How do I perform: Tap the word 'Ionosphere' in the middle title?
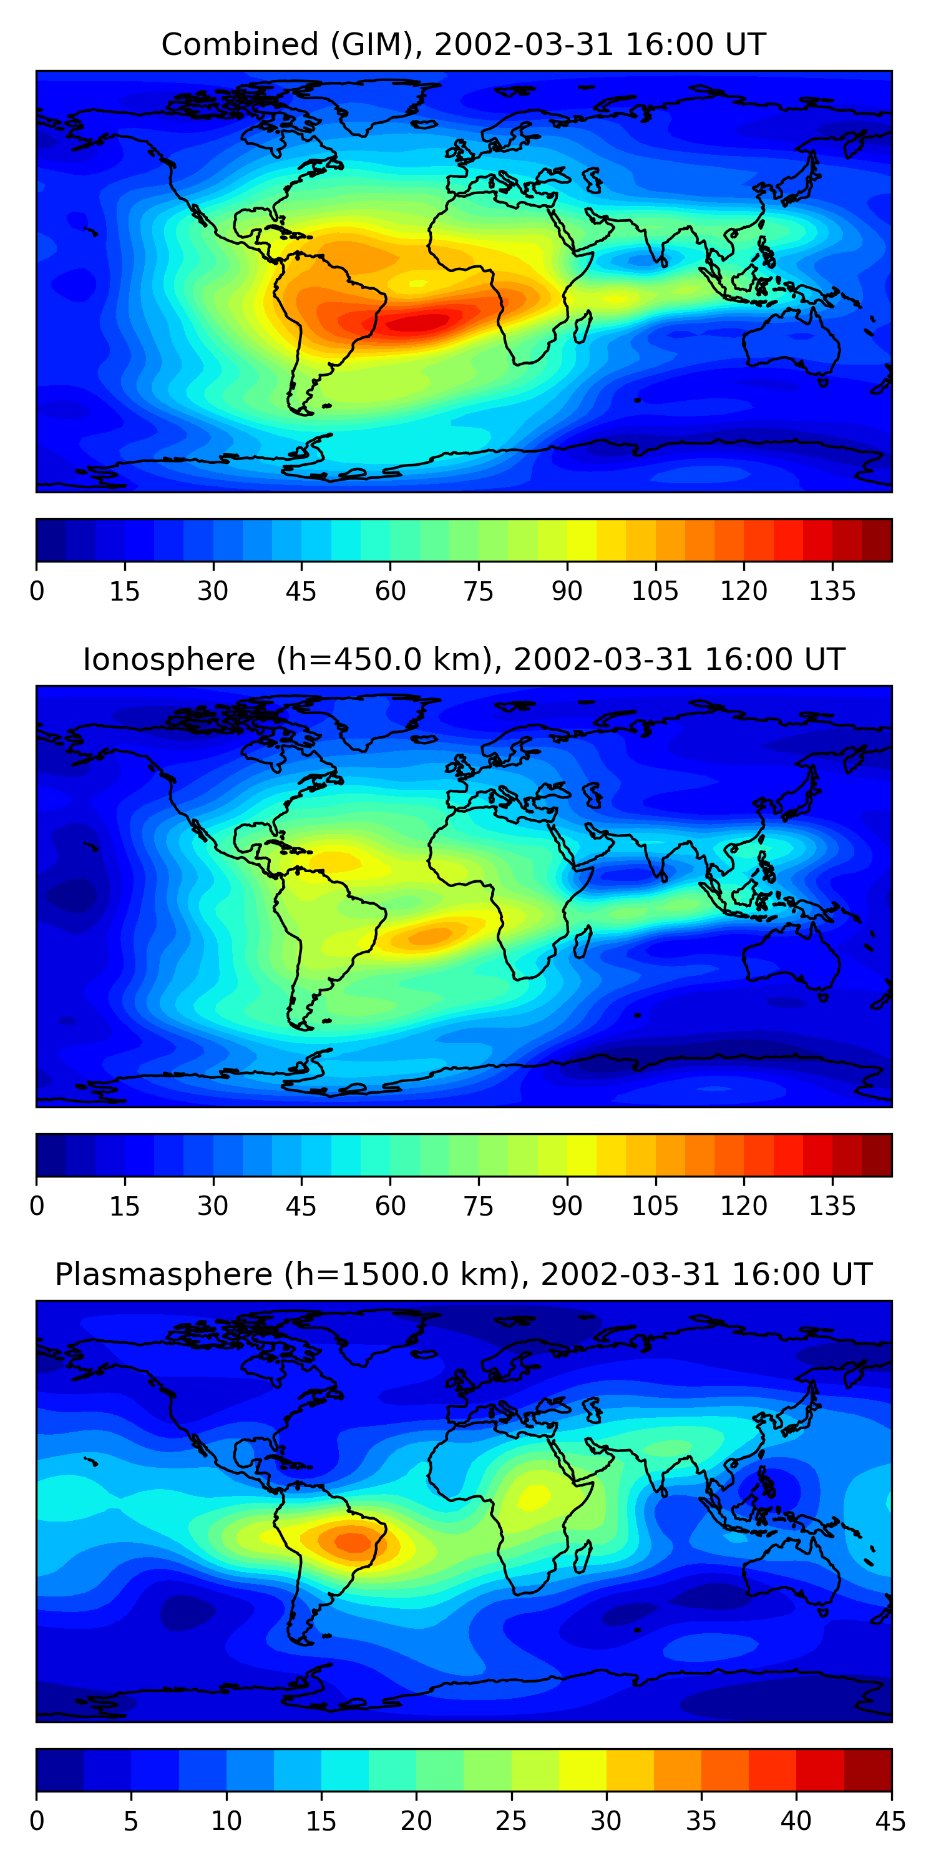pos(168,659)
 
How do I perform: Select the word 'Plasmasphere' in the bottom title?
pos(163,1275)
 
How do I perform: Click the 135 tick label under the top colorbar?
pos(832,591)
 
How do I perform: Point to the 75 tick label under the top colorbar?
pos(478,591)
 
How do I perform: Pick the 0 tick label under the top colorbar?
pos(37,591)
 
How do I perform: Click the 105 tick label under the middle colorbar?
pos(655,1206)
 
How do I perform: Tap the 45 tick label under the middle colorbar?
pos(301,1206)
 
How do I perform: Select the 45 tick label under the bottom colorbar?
pos(890,1821)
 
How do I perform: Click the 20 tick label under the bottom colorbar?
pos(416,1821)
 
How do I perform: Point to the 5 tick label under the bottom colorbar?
pos(131,1821)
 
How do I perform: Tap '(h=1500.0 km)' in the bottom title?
pos(402,1275)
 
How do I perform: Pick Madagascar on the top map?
pos(583,327)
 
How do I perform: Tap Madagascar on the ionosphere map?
pos(583,942)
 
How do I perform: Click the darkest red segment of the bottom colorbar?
pos(868,1770)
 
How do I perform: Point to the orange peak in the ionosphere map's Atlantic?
pos(430,936)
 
